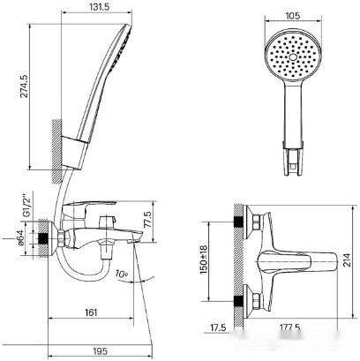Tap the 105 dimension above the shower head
point(294,15)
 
